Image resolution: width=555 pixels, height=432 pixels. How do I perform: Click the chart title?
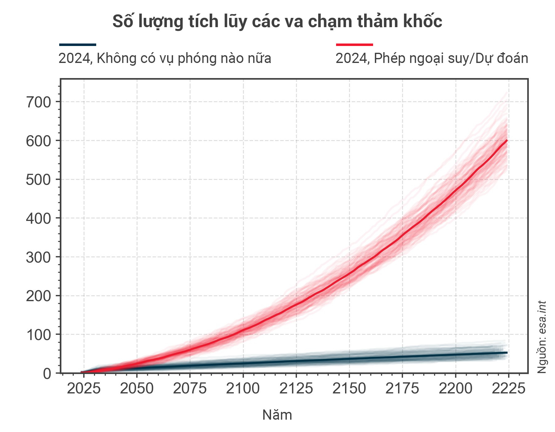pos(277,22)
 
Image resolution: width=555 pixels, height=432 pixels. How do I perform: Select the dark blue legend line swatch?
pos(78,45)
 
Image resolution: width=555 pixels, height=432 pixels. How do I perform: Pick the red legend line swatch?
pos(355,45)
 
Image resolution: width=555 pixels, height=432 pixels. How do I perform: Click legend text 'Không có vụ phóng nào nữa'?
pos(165,58)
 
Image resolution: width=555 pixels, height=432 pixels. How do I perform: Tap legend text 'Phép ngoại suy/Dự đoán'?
pos(432,58)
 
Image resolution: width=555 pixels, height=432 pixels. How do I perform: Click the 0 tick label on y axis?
pos(47,374)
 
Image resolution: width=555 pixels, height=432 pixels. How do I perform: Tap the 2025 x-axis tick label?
pos(84,388)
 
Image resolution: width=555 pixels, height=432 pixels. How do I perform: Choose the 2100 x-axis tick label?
pos(243,388)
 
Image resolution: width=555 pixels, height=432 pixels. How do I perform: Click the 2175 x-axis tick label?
pos(402,388)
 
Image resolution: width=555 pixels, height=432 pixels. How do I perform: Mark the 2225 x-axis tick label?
pos(508,388)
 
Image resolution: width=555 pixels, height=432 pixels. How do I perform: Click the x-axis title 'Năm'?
pos(277,415)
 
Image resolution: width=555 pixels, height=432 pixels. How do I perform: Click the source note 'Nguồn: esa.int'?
pos(542,337)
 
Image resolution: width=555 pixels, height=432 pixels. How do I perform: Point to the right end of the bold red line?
pos(507,141)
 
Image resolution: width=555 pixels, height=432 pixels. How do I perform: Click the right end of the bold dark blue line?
pos(507,352)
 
